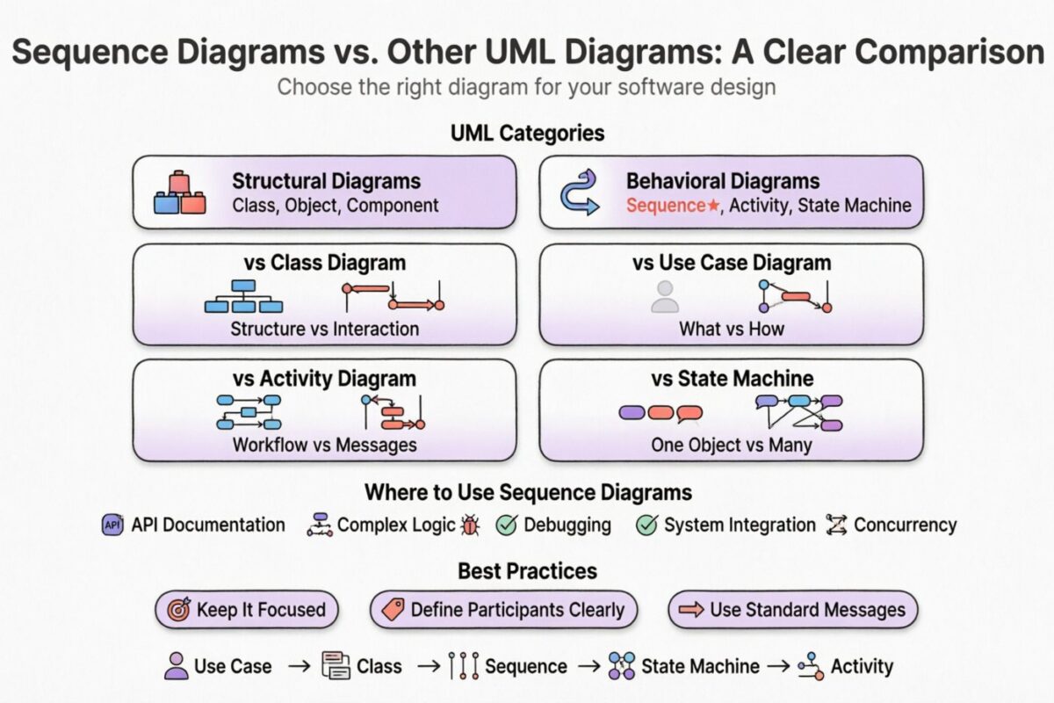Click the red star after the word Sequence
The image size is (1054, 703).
[x=715, y=206]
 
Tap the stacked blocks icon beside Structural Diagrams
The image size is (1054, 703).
[x=179, y=192]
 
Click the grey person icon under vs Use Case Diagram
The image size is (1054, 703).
[x=665, y=298]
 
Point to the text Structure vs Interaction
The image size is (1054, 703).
[x=324, y=329]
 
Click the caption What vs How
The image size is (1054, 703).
[x=731, y=329]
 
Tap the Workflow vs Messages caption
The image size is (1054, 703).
[x=324, y=445]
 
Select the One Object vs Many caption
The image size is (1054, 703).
[x=731, y=445]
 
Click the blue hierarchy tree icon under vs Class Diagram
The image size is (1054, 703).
[x=243, y=297]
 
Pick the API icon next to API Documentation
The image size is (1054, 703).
[x=113, y=525]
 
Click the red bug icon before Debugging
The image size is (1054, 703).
[x=471, y=525]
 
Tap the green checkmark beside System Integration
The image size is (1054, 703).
[x=646, y=525]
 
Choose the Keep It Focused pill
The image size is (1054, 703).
[x=247, y=610]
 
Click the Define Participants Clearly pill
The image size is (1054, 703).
[x=503, y=610]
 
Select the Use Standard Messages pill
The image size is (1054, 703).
[x=792, y=610]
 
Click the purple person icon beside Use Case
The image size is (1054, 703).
[x=177, y=665]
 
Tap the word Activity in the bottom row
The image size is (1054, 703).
[x=861, y=666]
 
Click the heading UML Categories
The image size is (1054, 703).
[x=527, y=134]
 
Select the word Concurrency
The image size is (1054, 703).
[x=905, y=525]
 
